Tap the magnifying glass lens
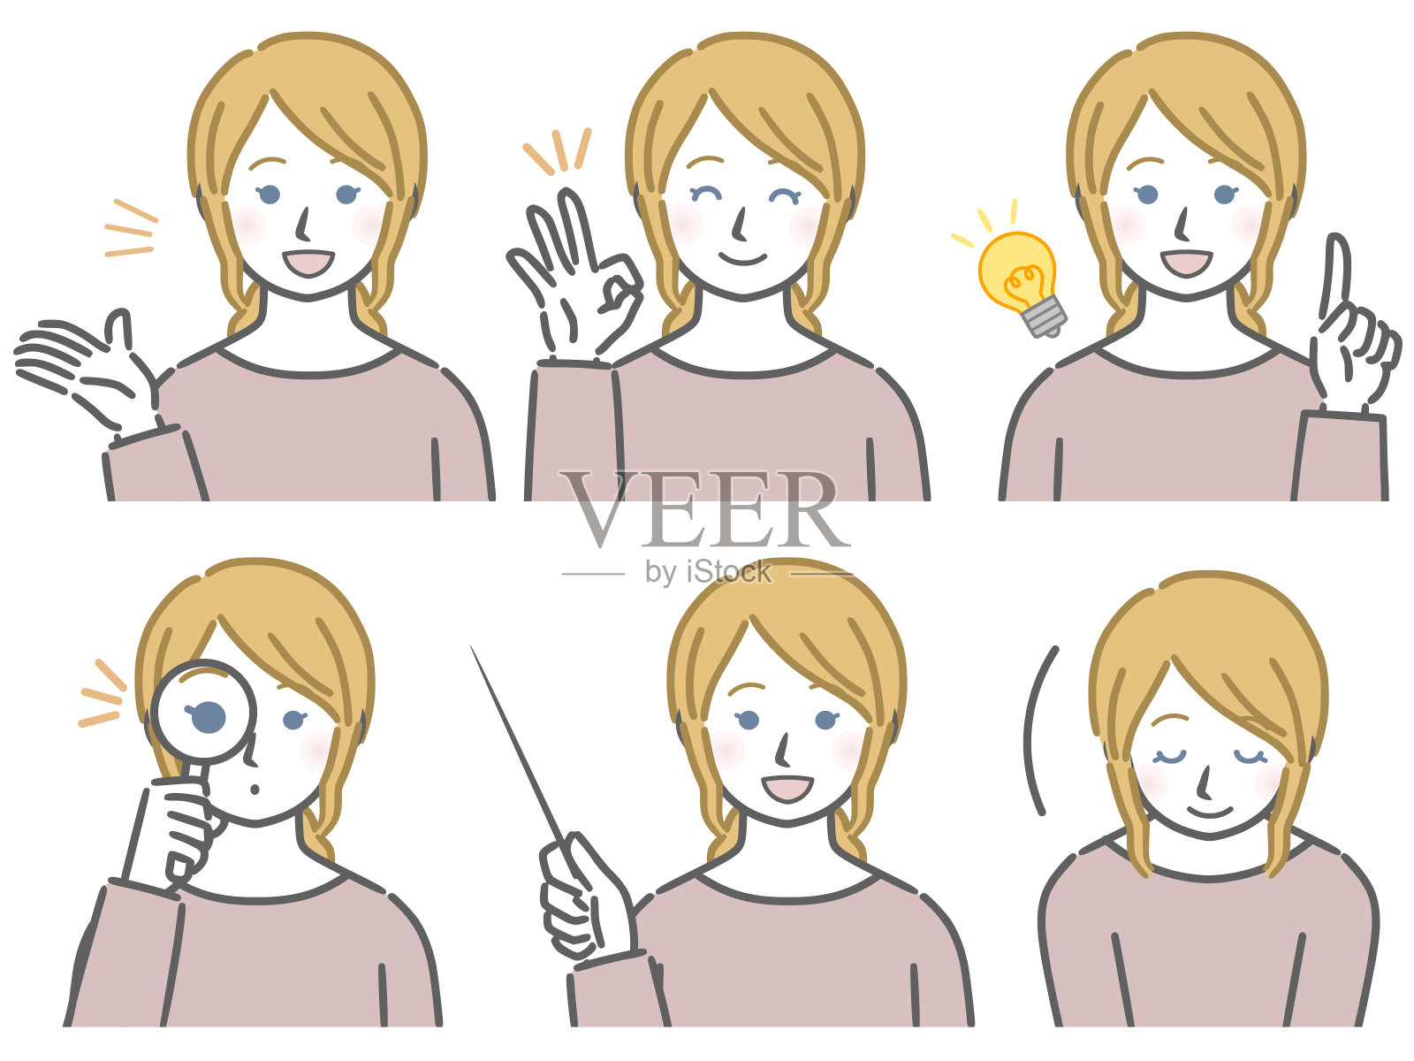(x=203, y=713)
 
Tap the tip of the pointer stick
(x=473, y=650)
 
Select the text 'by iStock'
(x=708, y=572)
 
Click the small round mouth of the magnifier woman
(x=255, y=790)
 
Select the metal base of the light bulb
(x=1046, y=316)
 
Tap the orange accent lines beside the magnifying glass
(x=100, y=694)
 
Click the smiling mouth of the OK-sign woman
(x=743, y=258)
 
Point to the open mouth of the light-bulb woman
(x=1186, y=263)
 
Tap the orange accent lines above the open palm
(x=131, y=229)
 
